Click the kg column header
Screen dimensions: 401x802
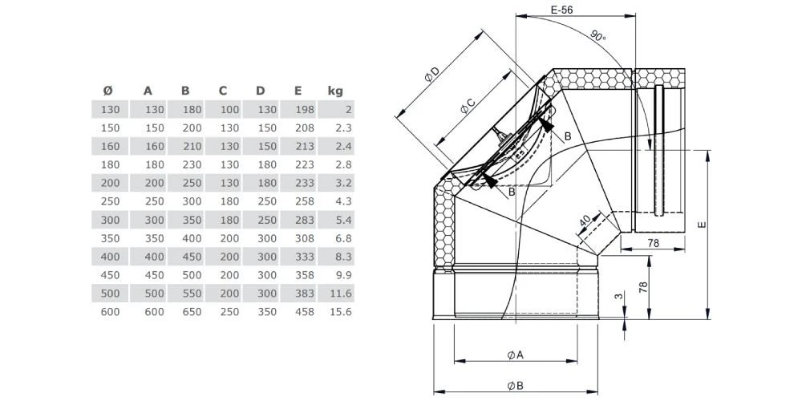(x=335, y=91)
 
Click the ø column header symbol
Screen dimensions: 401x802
(x=108, y=91)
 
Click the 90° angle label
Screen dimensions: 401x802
(x=598, y=37)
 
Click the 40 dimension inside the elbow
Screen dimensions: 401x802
(x=585, y=219)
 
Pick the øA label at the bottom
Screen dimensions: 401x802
(x=515, y=354)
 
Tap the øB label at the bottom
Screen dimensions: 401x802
(x=515, y=386)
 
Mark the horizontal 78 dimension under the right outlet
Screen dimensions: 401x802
(x=654, y=243)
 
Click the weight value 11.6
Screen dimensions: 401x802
(x=340, y=294)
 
